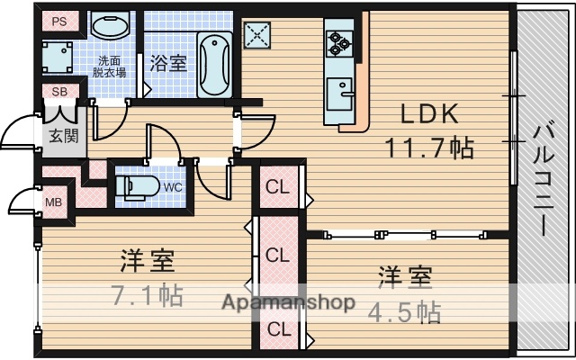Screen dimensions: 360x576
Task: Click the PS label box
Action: click(x=58, y=22)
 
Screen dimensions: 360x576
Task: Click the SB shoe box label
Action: click(x=59, y=92)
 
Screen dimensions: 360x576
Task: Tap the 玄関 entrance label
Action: click(x=62, y=135)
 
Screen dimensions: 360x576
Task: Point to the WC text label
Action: click(x=174, y=188)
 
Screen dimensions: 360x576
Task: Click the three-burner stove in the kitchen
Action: click(x=339, y=40)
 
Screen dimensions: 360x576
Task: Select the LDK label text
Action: click(x=430, y=114)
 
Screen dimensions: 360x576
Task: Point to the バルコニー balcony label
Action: click(x=544, y=179)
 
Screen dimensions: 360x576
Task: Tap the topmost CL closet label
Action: click(x=277, y=188)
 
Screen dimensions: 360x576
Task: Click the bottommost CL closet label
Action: click(x=277, y=328)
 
